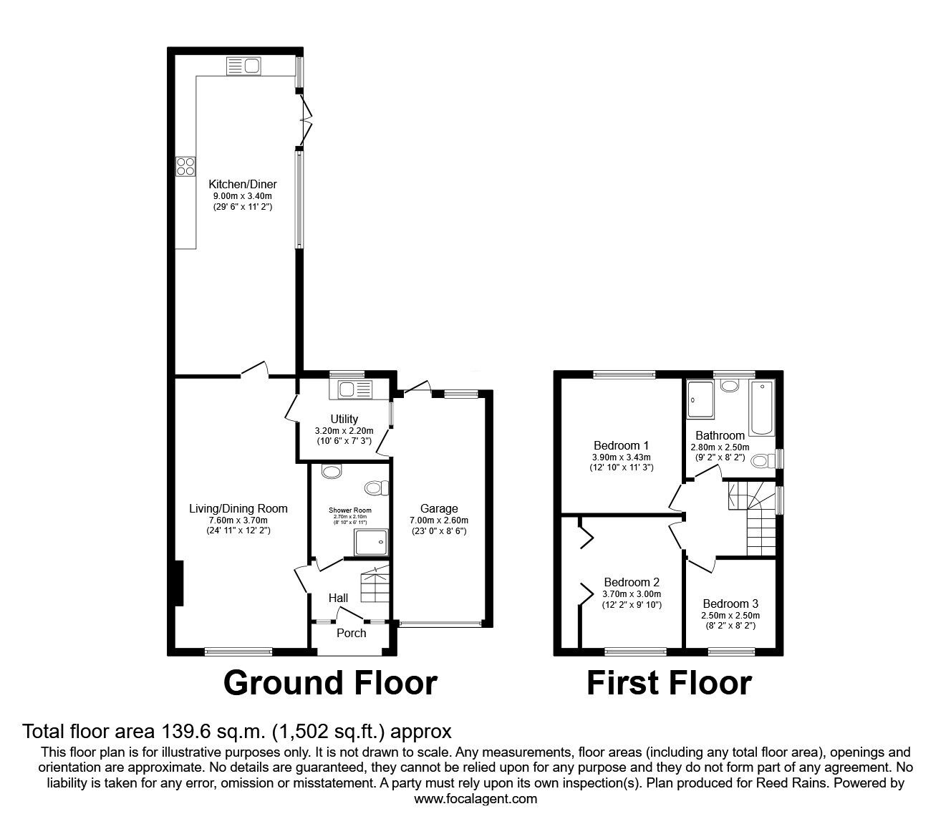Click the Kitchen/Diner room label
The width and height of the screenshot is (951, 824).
(x=243, y=184)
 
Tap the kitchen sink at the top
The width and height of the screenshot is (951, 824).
(x=243, y=67)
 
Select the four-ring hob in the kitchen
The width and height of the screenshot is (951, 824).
(x=185, y=165)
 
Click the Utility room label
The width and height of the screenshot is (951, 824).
(x=344, y=419)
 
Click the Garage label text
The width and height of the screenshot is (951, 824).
(x=439, y=509)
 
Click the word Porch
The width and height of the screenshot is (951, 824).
(x=351, y=633)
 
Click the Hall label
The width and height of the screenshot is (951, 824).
(x=338, y=598)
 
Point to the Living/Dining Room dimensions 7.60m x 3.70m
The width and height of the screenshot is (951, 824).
(x=238, y=520)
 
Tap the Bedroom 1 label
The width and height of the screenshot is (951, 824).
(x=621, y=445)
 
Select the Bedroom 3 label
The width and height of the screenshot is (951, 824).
(x=730, y=604)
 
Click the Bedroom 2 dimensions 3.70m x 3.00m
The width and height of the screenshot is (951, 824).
(x=631, y=593)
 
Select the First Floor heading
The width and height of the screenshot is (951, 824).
(x=668, y=683)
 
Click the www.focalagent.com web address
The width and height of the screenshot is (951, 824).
(x=475, y=799)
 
